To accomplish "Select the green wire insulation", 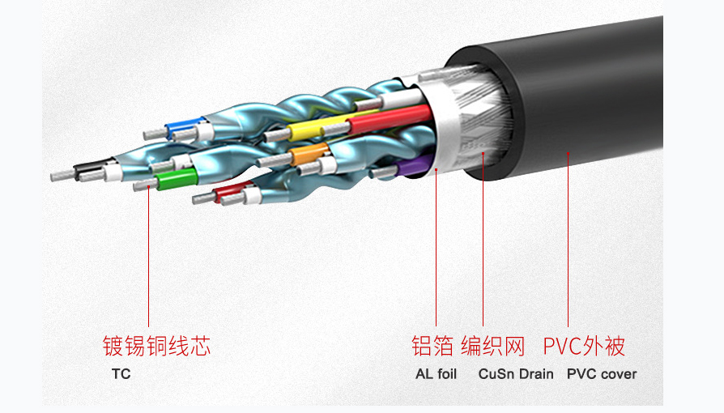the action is coord(177,178).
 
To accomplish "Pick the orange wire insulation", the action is coord(309,154).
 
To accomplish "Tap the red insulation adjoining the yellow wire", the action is coord(390,118).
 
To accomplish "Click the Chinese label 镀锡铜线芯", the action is coord(156,346).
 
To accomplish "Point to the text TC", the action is coord(121,374).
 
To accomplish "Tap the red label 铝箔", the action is coord(432,346).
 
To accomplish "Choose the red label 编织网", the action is coord(493,346).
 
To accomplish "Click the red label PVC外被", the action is coord(584,346).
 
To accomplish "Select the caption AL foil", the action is coord(436,374).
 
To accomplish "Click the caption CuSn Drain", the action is coord(516,374).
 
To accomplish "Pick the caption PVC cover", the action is coord(602,374).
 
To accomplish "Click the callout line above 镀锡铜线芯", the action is coord(149,256).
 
